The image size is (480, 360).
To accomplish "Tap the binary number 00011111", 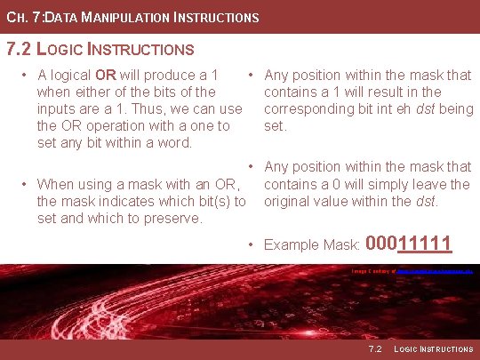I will [410, 243].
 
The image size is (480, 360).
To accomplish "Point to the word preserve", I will [173, 219].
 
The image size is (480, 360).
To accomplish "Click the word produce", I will [172, 75].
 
